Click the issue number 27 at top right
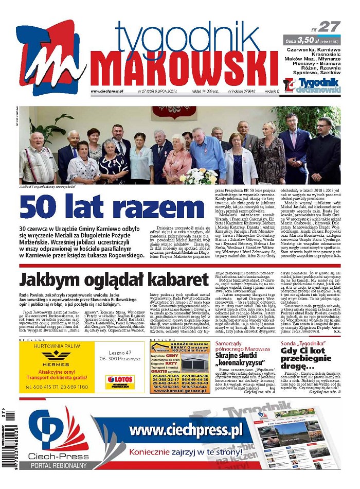click(x=329, y=27)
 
